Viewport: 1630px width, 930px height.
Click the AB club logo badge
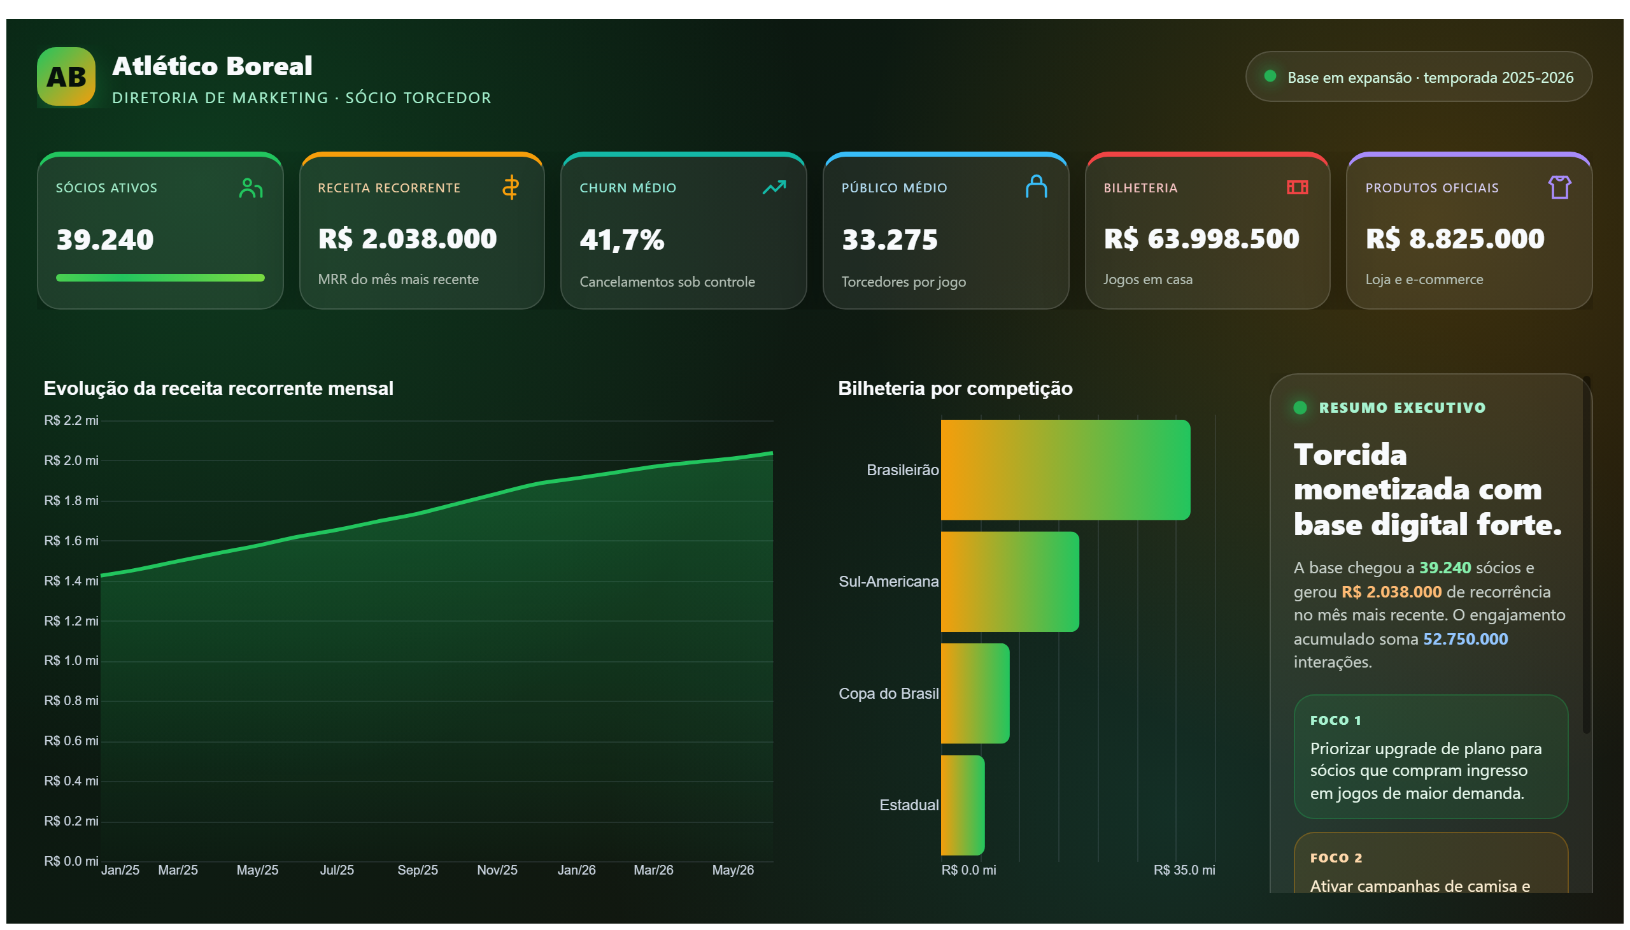66,76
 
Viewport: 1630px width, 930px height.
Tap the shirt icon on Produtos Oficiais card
1559,187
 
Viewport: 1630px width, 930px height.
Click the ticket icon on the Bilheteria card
1297,187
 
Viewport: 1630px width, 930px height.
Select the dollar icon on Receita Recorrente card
510,187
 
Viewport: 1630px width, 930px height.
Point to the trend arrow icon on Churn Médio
774,187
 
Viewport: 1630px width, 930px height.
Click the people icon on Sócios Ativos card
251,188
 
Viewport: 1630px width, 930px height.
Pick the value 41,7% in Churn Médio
622,240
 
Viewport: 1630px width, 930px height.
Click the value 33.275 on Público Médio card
889,240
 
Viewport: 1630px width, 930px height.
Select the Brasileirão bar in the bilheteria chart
1065,469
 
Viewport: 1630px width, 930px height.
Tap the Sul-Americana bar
1009,581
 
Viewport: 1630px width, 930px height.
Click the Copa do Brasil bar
975,693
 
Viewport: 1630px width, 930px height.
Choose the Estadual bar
962,805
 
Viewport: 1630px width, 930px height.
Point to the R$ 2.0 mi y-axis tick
71,461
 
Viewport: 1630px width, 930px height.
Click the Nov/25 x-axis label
497,870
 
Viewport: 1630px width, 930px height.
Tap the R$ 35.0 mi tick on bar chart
1184,870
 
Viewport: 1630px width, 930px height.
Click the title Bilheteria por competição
955,389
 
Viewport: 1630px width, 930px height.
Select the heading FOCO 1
1335,720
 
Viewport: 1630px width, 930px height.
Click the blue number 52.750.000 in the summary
1465,639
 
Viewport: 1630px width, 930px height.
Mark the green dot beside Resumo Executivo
1300,408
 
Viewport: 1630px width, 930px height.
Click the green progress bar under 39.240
160,278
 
